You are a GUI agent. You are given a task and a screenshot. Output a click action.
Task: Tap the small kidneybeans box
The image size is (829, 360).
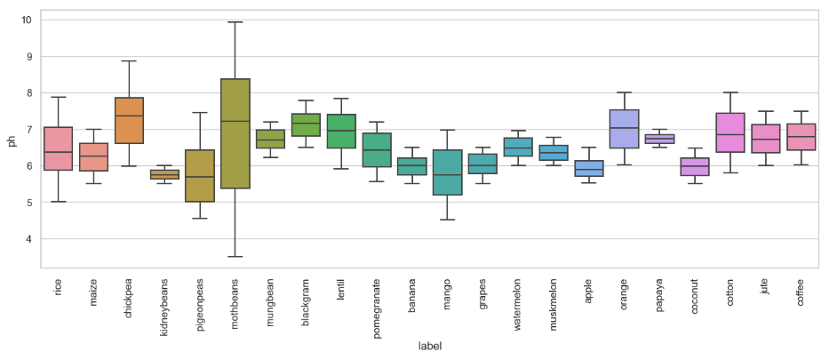(x=164, y=174)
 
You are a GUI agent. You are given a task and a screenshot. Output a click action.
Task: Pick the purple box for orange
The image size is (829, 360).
(x=624, y=129)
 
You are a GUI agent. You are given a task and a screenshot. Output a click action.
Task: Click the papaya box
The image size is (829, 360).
(x=659, y=139)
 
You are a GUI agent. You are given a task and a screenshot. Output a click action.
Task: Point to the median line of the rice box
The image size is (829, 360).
(x=59, y=152)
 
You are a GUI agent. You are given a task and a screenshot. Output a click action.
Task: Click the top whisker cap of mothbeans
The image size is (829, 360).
(x=235, y=22)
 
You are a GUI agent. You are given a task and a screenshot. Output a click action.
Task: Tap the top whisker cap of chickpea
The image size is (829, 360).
(x=129, y=61)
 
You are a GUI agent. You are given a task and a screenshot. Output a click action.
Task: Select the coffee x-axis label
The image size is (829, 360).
(x=801, y=294)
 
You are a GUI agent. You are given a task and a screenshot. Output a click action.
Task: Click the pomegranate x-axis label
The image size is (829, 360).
(x=377, y=308)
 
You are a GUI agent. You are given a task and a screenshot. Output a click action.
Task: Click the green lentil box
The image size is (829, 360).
(x=341, y=131)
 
